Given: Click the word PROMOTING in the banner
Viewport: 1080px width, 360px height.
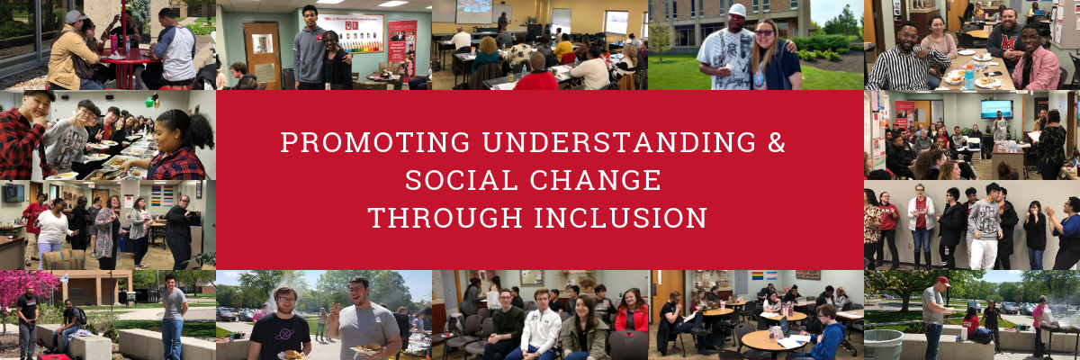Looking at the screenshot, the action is (375, 143).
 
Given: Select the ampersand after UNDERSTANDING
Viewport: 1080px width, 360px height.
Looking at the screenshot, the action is (777, 143).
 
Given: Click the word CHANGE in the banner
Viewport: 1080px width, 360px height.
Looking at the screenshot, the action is (596, 180).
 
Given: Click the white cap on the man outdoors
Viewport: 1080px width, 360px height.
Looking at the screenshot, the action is (736, 11).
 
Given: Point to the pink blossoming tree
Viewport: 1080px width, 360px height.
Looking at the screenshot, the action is (29, 288).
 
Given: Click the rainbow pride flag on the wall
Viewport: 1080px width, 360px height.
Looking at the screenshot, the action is (759, 276).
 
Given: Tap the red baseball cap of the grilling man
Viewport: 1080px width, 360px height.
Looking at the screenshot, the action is (943, 282).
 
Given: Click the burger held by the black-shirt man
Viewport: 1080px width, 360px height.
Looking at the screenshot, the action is (292, 355).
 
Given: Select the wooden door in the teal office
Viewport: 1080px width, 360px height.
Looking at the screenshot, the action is (263, 54).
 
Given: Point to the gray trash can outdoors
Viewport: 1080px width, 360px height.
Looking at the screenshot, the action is (882, 344).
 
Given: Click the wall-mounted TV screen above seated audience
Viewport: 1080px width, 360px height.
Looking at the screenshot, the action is (996, 109).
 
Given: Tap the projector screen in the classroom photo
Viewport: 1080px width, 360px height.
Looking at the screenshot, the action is (473, 11).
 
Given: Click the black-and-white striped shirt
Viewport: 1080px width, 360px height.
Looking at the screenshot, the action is (901, 67).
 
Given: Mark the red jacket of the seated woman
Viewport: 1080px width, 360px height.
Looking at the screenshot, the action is (632, 319).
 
